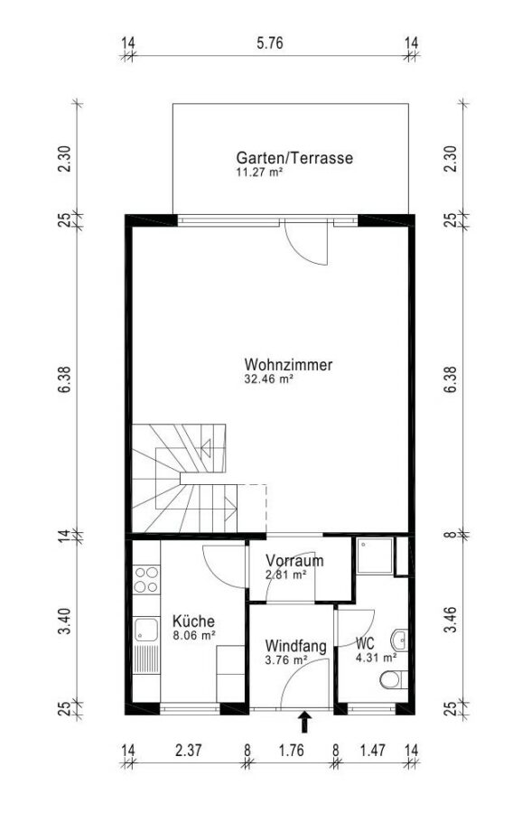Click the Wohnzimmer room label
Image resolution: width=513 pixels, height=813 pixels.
[x=288, y=365]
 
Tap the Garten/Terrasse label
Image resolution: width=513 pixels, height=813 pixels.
[x=294, y=157]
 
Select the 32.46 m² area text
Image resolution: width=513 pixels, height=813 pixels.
[x=268, y=379]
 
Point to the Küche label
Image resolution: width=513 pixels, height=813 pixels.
[x=193, y=621]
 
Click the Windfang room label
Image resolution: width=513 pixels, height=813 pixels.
[x=295, y=647]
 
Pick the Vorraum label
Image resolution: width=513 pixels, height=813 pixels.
[x=294, y=560]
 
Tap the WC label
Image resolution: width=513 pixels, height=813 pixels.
[x=365, y=644]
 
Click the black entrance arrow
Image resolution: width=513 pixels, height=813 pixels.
[x=304, y=722]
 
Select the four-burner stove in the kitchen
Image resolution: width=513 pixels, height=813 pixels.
[x=146, y=580]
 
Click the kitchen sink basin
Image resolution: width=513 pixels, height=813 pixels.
[x=145, y=630]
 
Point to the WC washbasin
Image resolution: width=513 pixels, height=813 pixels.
[x=400, y=640]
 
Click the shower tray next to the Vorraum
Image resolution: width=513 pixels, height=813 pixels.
[x=375, y=556]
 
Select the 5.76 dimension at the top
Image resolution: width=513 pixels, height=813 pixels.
[x=270, y=42]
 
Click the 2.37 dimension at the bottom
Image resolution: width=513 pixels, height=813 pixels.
[x=188, y=750]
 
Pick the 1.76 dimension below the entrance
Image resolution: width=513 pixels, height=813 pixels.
[x=291, y=750]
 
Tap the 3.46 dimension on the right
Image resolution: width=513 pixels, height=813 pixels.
[x=452, y=619]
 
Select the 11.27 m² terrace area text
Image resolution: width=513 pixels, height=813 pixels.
[x=259, y=173]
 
